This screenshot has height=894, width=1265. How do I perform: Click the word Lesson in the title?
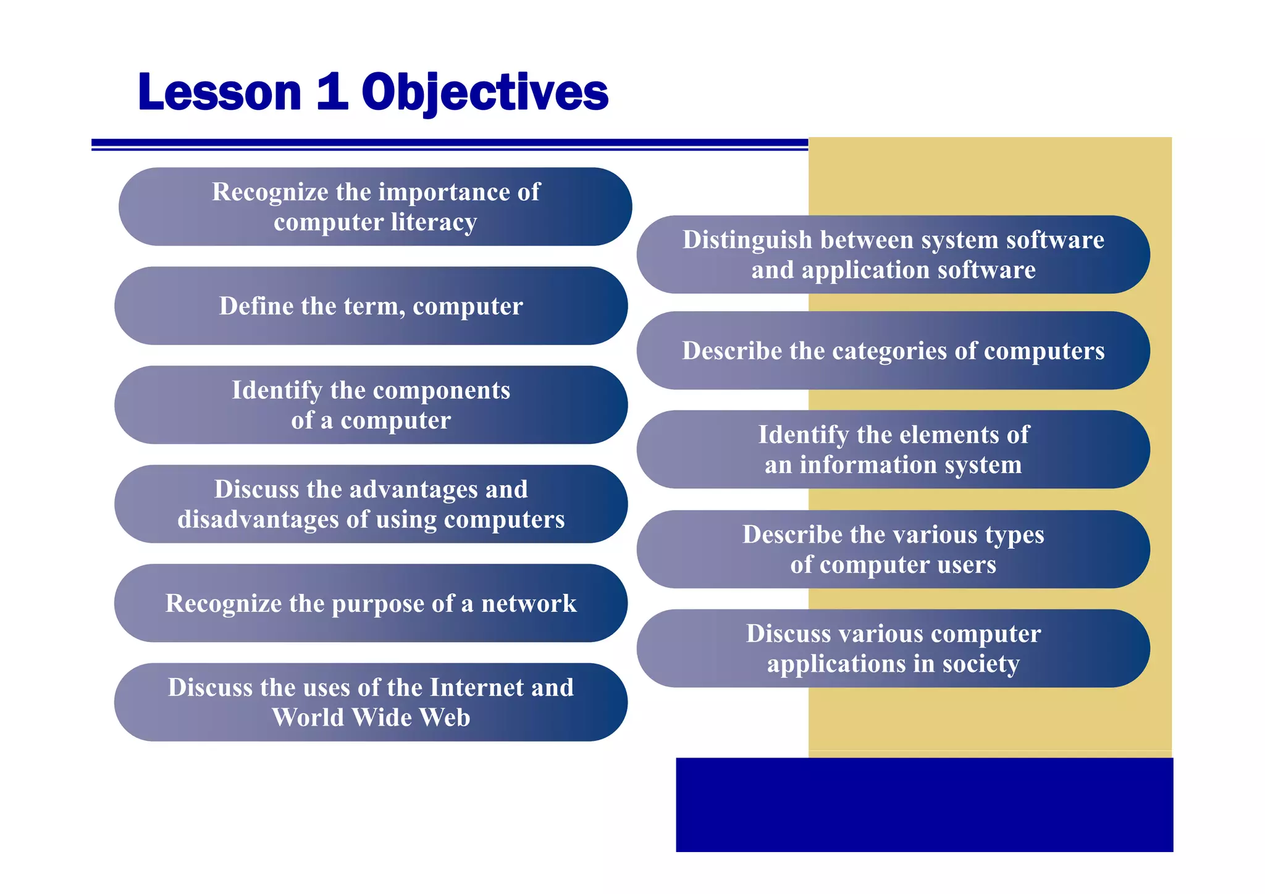[219, 93]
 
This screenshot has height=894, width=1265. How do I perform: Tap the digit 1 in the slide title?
[331, 93]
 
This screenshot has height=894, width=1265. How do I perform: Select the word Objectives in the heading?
[485, 93]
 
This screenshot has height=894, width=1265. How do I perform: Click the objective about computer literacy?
[375, 207]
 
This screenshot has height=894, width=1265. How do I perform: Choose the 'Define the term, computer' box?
[371, 306]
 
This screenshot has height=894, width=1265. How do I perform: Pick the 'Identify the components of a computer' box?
[371, 405]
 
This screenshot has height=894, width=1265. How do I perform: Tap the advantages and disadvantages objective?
[371, 504]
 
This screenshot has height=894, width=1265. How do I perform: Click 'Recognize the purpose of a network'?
[371, 603]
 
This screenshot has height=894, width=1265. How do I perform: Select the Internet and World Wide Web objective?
[371, 703]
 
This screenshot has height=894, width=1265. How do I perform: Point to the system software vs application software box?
[893, 254]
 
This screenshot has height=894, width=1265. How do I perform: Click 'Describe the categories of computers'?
[893, 351]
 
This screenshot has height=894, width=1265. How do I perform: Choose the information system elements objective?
[893, 449]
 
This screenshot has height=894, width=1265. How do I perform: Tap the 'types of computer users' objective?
[893, 549]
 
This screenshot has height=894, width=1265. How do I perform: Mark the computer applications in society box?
[893, 648]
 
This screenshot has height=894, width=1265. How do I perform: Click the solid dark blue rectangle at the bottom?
[924, 805]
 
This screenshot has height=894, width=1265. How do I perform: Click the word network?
[529, 603]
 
